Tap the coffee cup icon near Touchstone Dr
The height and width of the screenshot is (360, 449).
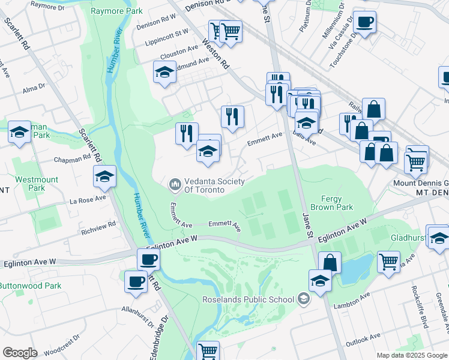pyautogui.click(x=364, y=23)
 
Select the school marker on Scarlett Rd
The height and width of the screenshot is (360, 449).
pyautogui.click(x=104, y=176)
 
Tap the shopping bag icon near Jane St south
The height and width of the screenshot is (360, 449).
pyautogui.click(x=330, y=262)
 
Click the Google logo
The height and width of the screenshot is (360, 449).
pyautogui.click(x=20, y=353)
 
